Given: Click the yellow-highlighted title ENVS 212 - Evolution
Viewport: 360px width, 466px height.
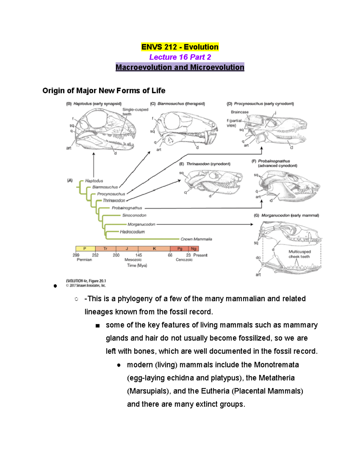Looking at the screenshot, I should (x=180, y=47).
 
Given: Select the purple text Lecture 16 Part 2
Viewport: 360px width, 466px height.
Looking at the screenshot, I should (x=180, y=57).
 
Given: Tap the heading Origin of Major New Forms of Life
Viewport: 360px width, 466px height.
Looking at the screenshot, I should (x=104, y=91).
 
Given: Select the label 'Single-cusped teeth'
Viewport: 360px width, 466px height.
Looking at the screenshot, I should (x=135, y=112).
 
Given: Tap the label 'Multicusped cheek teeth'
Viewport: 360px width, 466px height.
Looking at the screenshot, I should (x=299, y=254).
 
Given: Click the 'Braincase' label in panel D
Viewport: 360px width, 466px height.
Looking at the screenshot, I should (x=239, y=112).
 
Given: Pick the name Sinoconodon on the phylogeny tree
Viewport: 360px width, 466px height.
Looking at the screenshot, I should (x=134, y=215).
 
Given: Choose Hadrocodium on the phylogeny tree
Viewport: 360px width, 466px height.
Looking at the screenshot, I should (x=132, y=232).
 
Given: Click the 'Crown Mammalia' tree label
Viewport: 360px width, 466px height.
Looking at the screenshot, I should (x=196, y=239).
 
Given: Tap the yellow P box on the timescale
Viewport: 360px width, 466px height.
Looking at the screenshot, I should (x=85, y=249).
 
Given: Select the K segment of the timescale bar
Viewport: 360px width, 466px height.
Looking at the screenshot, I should (x=154, y=249).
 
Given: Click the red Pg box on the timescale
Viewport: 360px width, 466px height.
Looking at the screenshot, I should (x=179, y=249).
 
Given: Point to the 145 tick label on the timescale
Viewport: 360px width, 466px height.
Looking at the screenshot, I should (x=138, y=255).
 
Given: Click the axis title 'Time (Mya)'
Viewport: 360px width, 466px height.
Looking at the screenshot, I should (x=137, y=266).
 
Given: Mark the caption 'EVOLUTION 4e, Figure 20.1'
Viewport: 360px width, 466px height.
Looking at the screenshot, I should (x=86, y=281).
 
